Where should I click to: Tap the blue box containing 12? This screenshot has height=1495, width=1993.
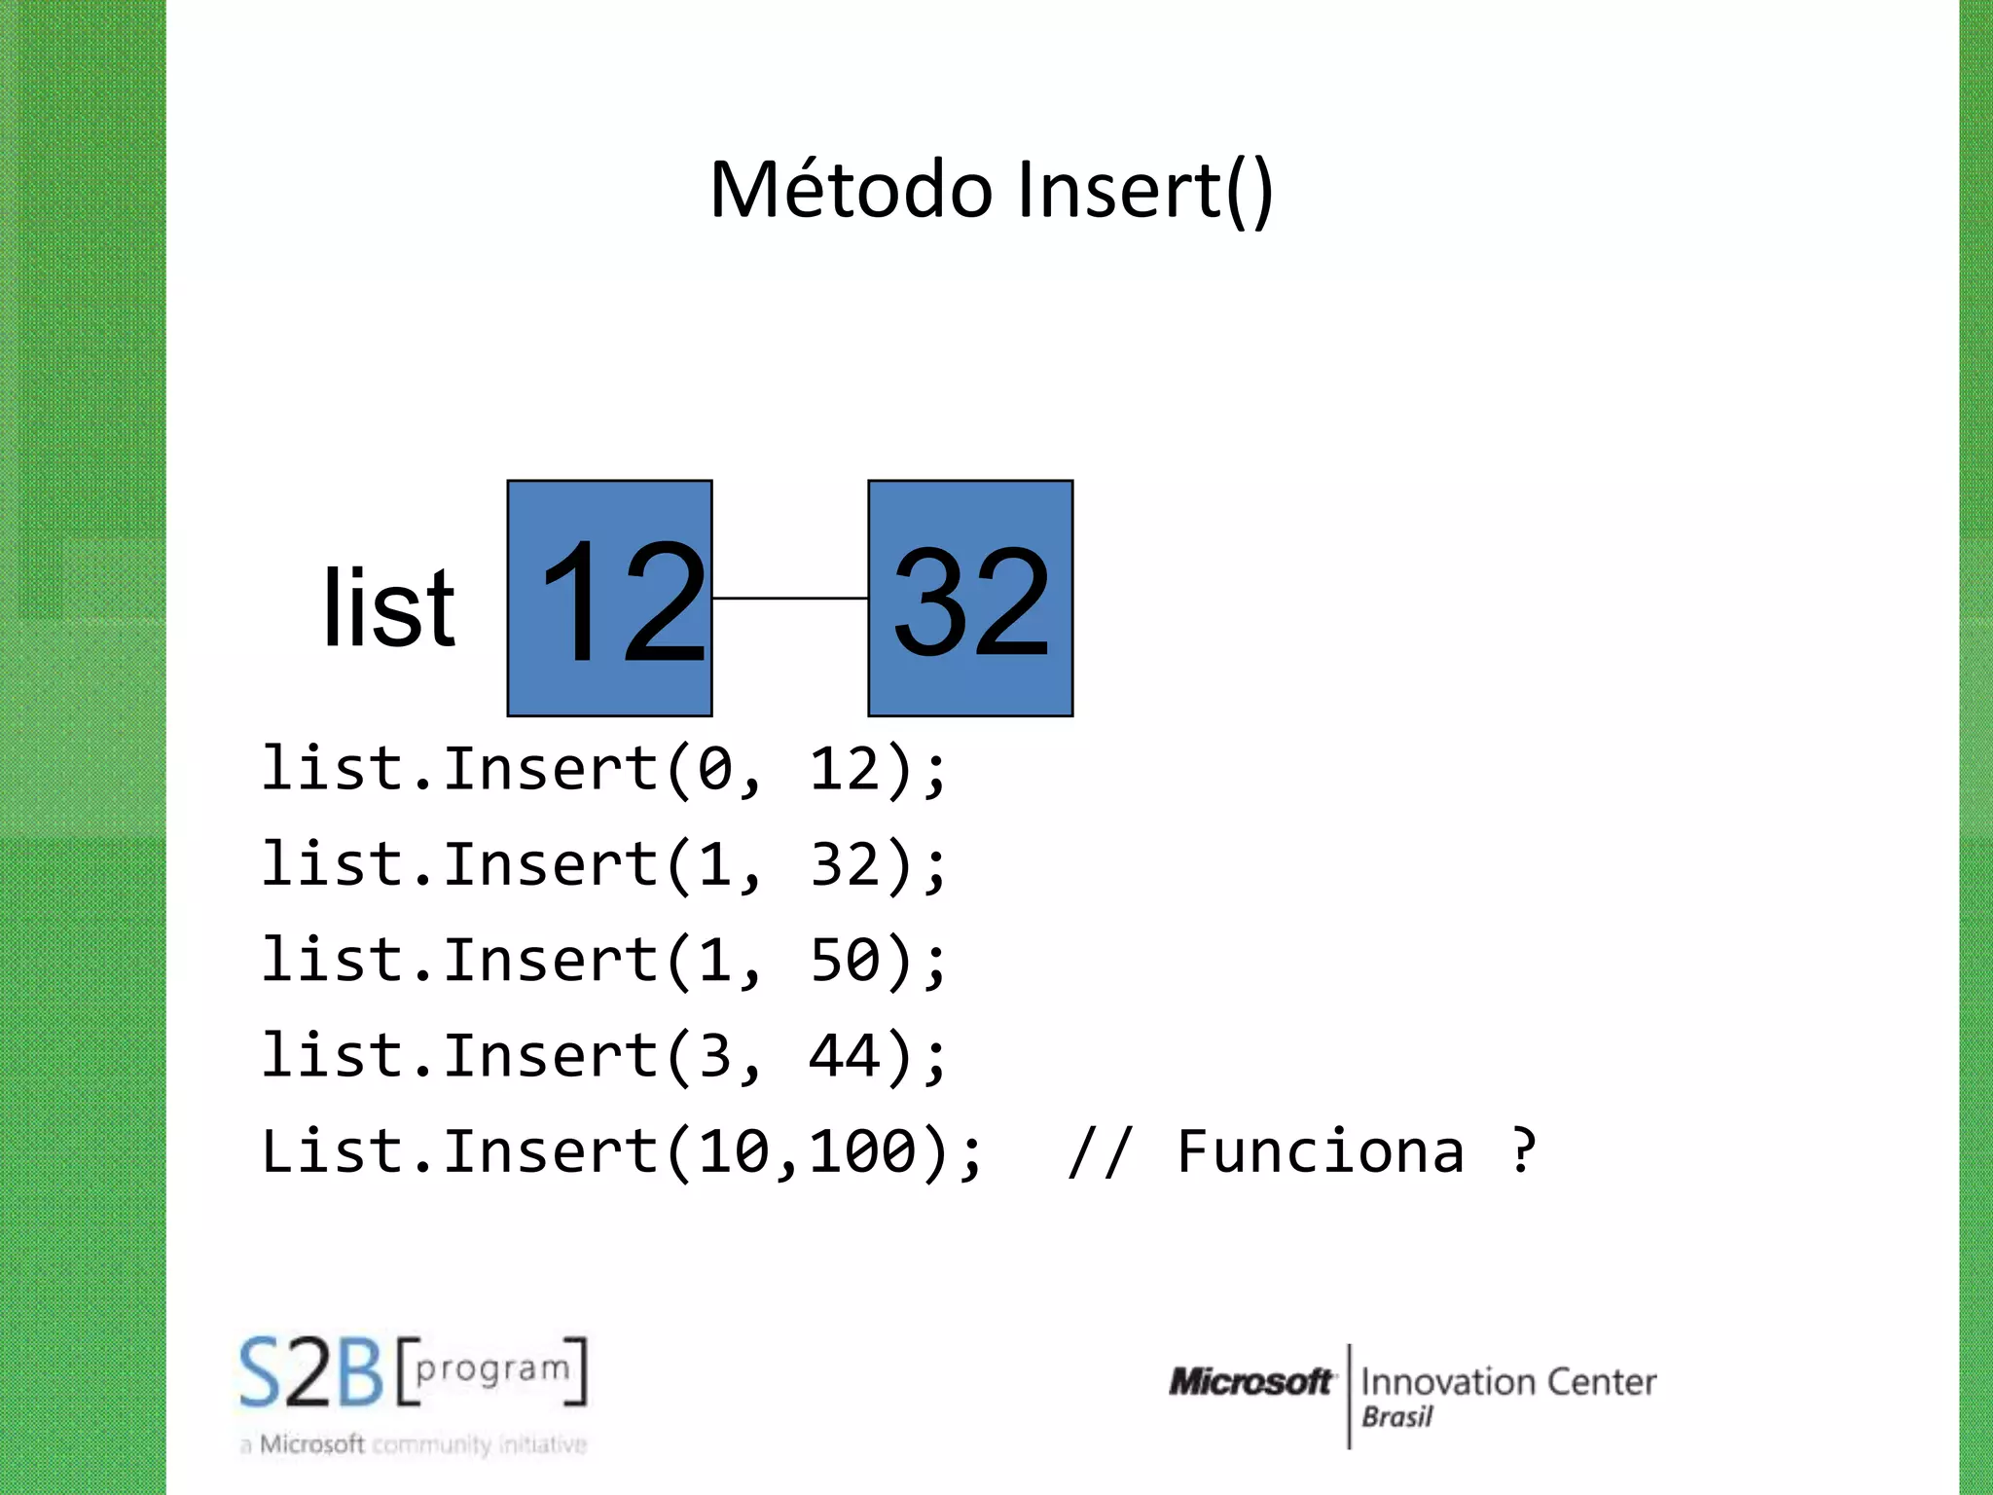click(x=610, y=598)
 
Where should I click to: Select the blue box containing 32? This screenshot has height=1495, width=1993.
click(x=970, y=598)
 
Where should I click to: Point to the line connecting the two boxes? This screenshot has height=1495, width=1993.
click(x=790, y=598)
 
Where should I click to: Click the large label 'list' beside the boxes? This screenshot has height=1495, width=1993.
click(x=388, y=608)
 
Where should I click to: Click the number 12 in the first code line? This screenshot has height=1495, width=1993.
click(x=845, y=769)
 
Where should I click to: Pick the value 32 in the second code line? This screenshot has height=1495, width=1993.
click(x=845, y=864)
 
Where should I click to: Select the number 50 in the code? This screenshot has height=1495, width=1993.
click(x=845, y=961)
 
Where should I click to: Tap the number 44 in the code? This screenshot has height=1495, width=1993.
click(x=845, y=1056)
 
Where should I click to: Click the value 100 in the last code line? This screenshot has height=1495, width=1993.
click(x=863, y=1151)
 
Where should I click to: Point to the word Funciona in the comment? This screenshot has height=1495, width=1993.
click(x=1320, y=1151)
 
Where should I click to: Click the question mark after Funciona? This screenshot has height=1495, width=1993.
click(x=1523, y=1151)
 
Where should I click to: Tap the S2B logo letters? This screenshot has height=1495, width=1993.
click(x=311, y=1373)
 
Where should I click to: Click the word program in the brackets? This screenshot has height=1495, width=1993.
click(x=492, y=1369)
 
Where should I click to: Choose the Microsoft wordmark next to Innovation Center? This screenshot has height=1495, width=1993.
click(x=1251, y=1381)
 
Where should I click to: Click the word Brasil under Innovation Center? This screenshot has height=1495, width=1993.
click(x=1396, y=1417)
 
